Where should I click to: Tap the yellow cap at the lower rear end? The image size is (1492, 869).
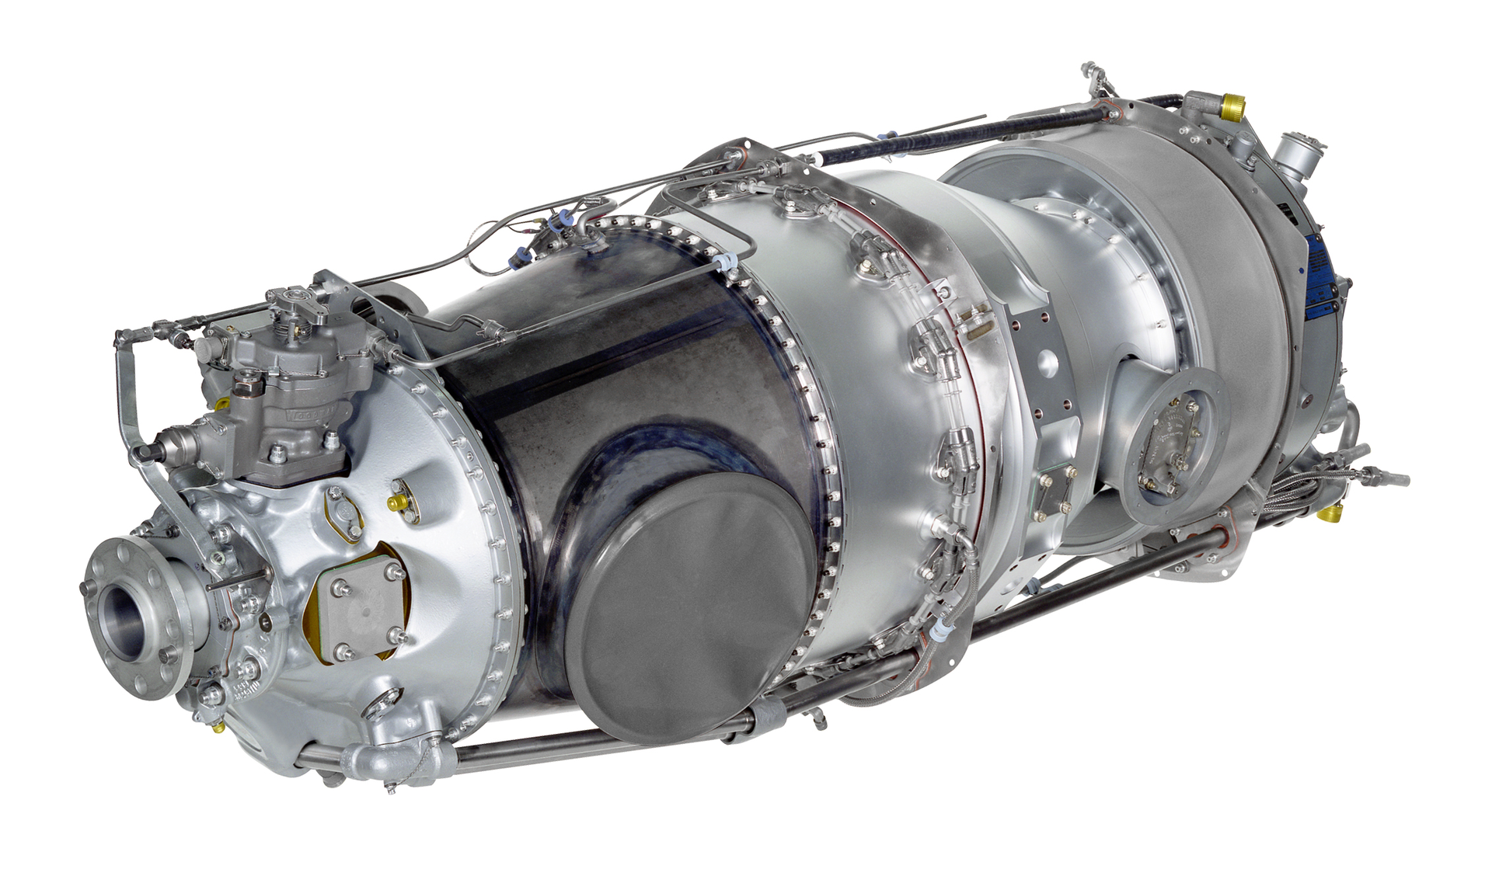pos(1333,513)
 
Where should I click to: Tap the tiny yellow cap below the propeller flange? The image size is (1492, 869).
pos(219,728)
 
